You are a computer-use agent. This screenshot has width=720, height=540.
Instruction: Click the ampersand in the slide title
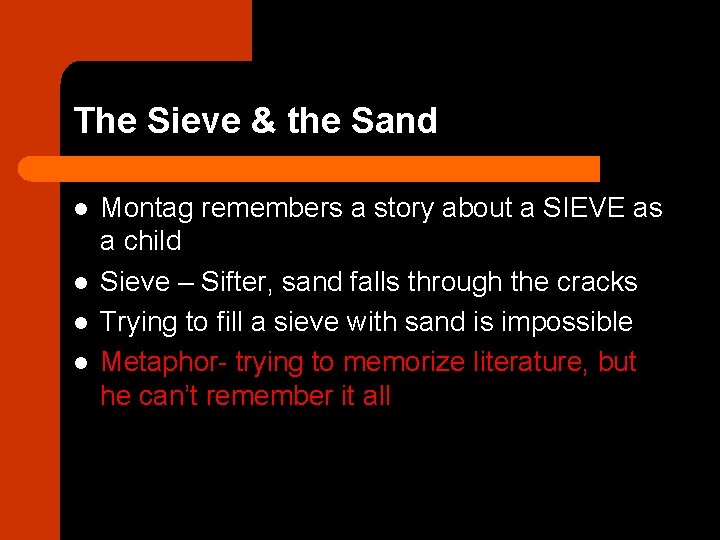pos(262,121)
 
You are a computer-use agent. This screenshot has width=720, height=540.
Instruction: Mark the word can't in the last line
pos(170,396)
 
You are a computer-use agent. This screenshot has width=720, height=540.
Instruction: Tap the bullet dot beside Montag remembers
pos(80,209)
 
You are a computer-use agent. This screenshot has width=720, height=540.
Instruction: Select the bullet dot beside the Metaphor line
pos(80,363)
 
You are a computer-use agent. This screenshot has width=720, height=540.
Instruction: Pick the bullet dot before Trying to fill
pos(80,323)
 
